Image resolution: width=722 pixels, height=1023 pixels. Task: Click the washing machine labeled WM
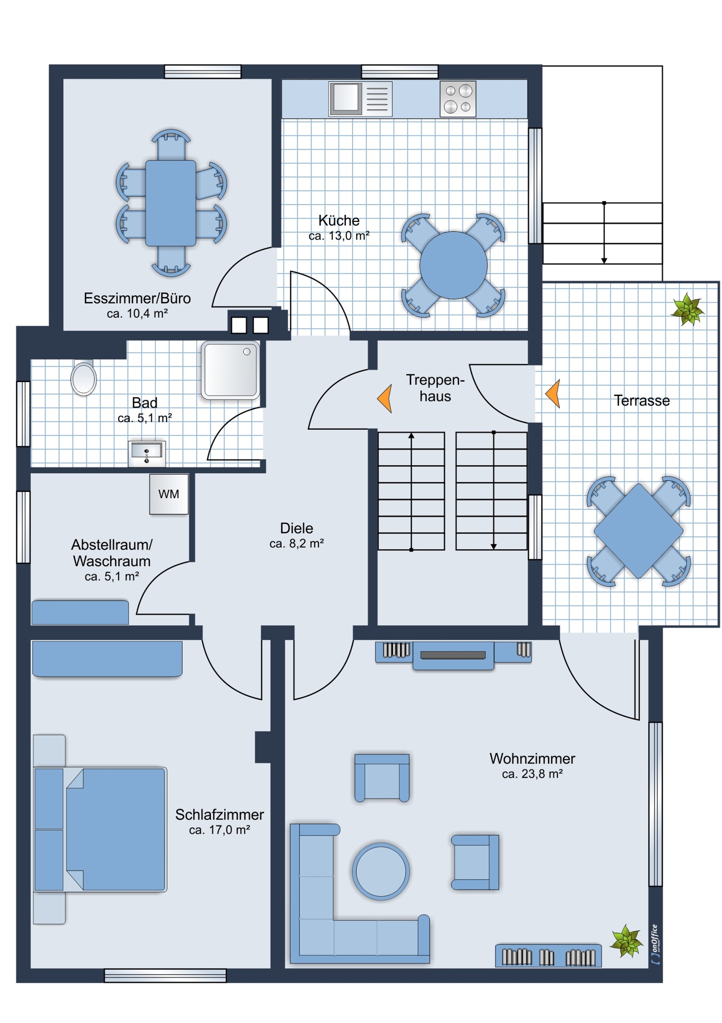169,494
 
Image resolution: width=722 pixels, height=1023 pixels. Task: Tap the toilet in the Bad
83,377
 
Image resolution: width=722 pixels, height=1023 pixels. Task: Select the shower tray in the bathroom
230,370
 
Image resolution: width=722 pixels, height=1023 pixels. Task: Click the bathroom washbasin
147,453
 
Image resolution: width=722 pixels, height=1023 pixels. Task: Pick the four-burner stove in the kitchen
458,98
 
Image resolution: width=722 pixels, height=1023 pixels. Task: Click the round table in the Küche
453,265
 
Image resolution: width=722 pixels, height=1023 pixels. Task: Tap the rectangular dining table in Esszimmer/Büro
171,203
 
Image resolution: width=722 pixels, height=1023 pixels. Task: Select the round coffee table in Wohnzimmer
381,871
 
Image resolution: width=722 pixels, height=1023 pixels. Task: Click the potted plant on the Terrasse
687,309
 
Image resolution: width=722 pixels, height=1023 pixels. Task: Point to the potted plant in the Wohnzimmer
626,940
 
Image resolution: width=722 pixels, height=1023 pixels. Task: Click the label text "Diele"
296,528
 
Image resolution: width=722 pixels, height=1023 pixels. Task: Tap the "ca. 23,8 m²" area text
532,774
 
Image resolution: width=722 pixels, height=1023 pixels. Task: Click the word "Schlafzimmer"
220,814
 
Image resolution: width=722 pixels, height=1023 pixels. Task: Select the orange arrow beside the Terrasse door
553,393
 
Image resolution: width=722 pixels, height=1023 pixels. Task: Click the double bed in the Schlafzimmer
100,829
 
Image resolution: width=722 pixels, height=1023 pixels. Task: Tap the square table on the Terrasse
638,530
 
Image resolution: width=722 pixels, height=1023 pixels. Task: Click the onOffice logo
656,944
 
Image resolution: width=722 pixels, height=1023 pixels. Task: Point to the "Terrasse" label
642,401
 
